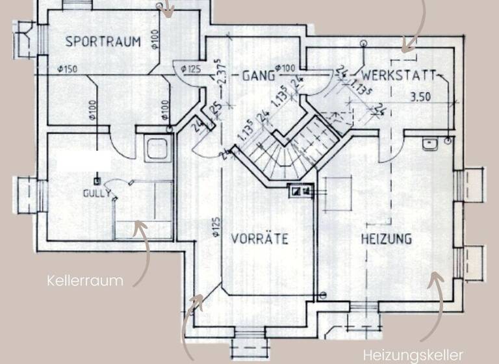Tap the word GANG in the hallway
tap(255, 75)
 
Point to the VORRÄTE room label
tap(260, 239)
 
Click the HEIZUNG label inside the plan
tap(386, 239)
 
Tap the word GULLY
tap(97, 193)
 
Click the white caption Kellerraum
tap(85, 281)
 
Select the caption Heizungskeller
tap(413, 355)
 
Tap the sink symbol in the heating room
tap(429, 144)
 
